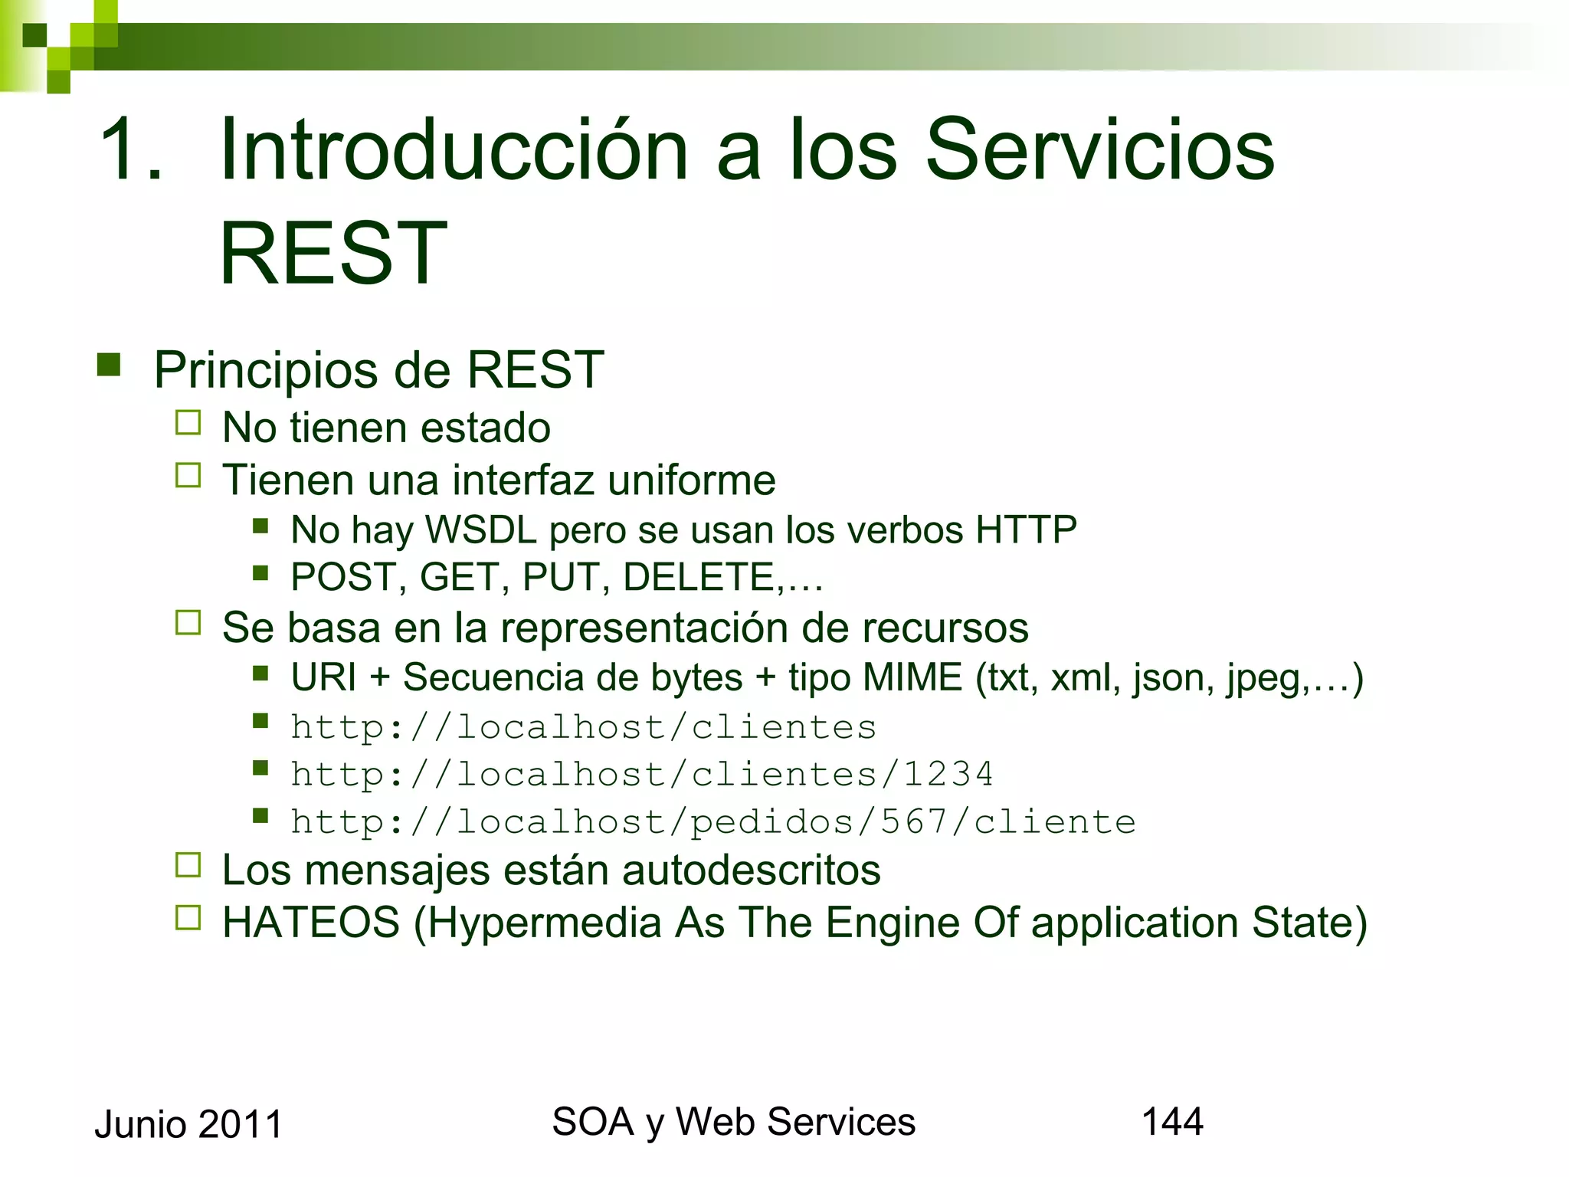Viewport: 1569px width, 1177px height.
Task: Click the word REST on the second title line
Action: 333,254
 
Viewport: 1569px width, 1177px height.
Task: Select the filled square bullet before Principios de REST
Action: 109,366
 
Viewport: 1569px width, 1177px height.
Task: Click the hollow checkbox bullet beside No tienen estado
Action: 188,423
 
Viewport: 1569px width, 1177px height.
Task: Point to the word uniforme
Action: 691,480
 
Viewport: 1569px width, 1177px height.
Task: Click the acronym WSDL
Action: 481,530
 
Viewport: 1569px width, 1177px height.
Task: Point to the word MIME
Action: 912,678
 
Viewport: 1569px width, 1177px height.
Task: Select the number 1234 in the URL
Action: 948,774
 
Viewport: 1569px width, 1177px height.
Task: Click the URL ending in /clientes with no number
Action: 583,727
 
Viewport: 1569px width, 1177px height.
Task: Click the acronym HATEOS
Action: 311,923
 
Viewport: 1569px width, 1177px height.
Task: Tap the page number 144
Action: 1172,1122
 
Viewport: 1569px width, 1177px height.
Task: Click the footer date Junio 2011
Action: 188,1125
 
